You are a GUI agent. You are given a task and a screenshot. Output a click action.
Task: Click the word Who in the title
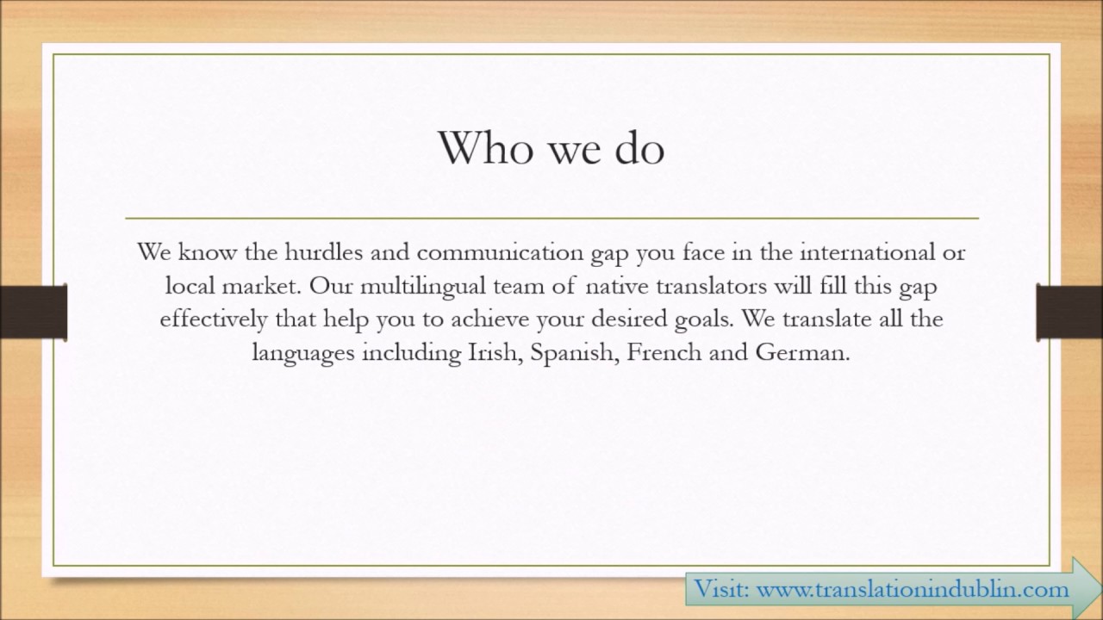(x=483, y=148)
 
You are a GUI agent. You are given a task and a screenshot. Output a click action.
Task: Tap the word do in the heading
(x=639, y=148)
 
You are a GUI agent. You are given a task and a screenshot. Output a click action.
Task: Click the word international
(x=873, y=253)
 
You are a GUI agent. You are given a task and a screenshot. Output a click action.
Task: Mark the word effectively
(x=214, y=319)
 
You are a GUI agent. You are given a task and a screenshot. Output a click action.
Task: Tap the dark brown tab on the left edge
(x=33, y=312)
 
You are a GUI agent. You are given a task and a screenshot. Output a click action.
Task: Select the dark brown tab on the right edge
(x=1069, y=312)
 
